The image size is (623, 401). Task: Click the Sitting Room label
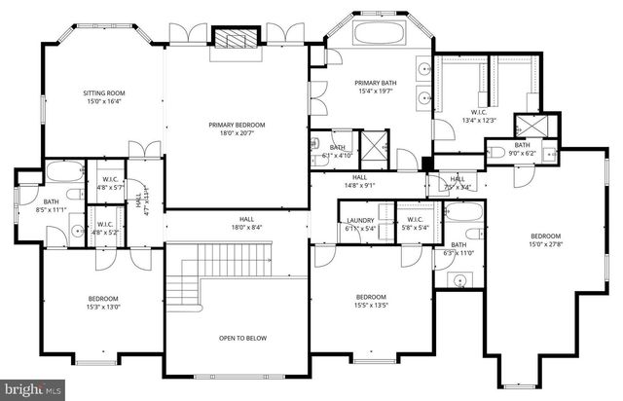tap(104, 97)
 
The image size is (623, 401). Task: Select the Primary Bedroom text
tap(237, 128)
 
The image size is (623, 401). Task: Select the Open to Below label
tap(237, 338)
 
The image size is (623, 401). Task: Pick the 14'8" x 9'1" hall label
tap(359, 181)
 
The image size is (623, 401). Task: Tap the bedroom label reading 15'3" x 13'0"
tap(104, 302)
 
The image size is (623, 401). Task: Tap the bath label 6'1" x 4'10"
tap(338, 150)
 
